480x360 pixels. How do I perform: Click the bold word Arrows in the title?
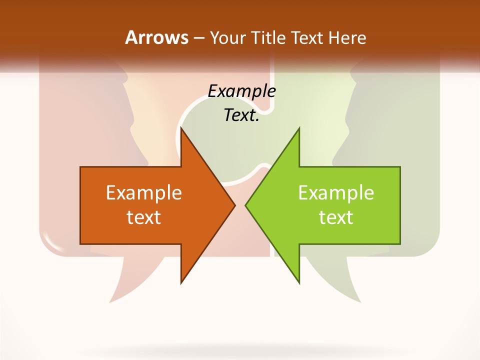(157, 37)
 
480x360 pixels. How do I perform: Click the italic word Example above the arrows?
(241, 91)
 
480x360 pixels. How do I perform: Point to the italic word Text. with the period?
(241, 115)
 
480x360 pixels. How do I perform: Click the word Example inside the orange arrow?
(143, 192)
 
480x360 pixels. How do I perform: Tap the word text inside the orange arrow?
(143, 217)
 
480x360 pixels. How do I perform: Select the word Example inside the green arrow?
(336, 192)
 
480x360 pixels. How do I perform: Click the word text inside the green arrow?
(336, 217)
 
